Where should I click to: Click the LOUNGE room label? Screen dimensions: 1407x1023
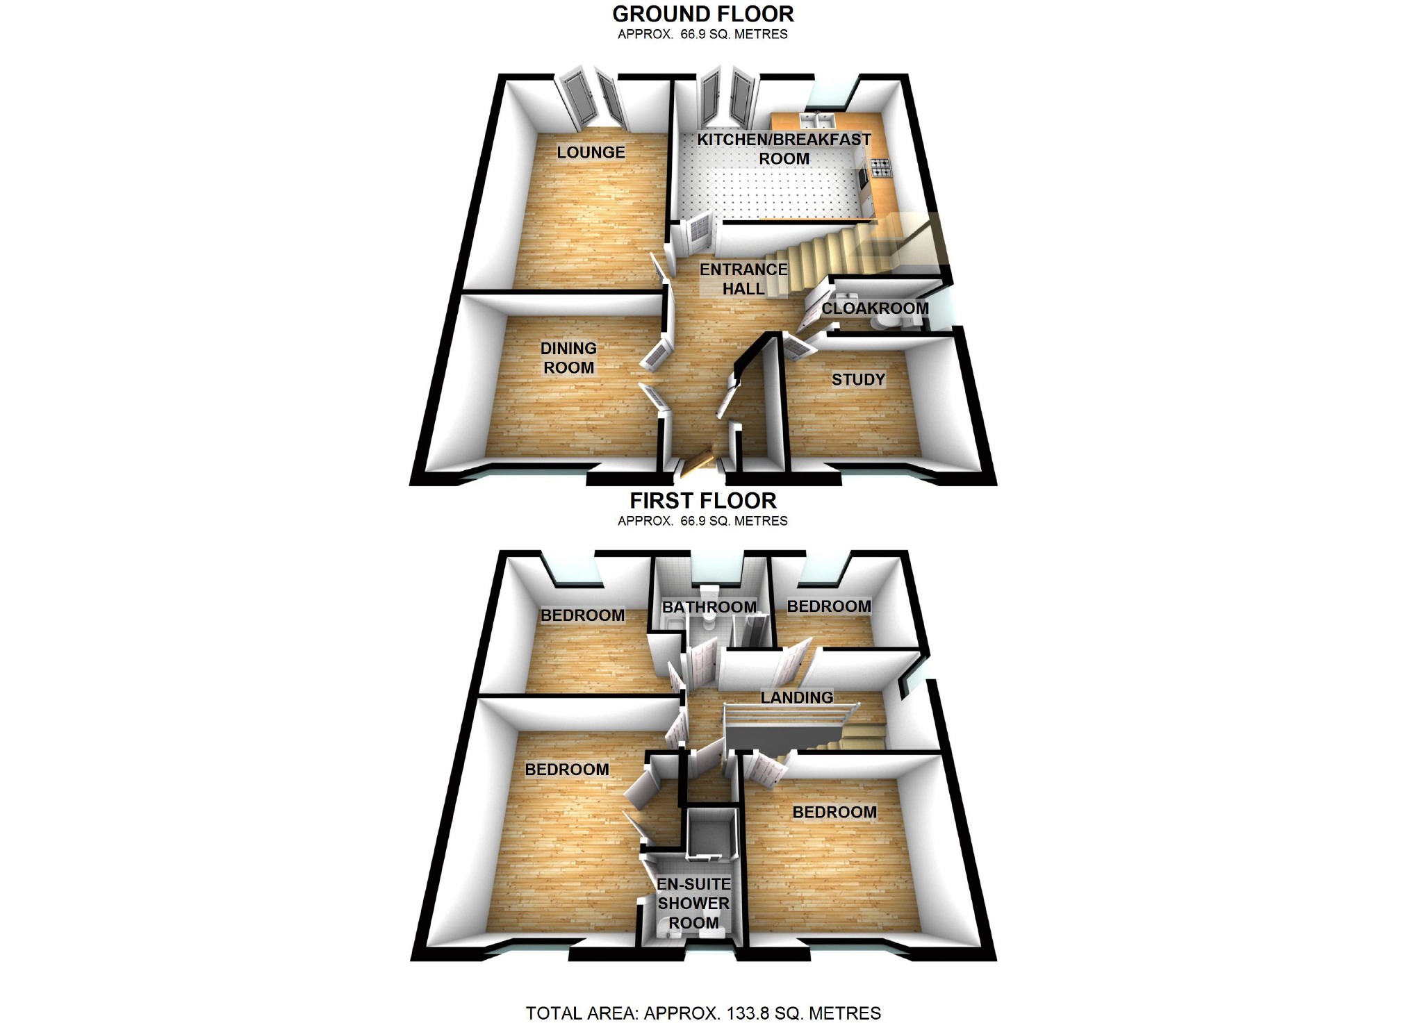[591, 152]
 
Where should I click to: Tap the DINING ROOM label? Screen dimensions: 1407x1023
[568, 358]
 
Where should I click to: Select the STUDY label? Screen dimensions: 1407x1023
[858, 379]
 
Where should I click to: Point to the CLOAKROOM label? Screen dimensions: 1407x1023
[875, 308]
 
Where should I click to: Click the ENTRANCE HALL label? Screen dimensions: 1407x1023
[743, 278]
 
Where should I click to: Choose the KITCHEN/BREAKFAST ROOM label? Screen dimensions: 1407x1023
[784, 149]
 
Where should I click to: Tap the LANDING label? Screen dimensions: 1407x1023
[796, 697]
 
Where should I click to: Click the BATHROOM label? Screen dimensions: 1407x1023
[709, 607]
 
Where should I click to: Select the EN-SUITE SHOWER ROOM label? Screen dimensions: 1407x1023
[693, 903]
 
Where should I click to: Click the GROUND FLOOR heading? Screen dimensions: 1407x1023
[702, 14]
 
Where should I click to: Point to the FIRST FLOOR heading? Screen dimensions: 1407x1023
[702, 501]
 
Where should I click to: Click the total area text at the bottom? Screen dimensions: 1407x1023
[703, 1013]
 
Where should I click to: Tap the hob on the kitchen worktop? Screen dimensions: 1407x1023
[881, 167]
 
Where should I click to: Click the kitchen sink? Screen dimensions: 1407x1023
[816, 121]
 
